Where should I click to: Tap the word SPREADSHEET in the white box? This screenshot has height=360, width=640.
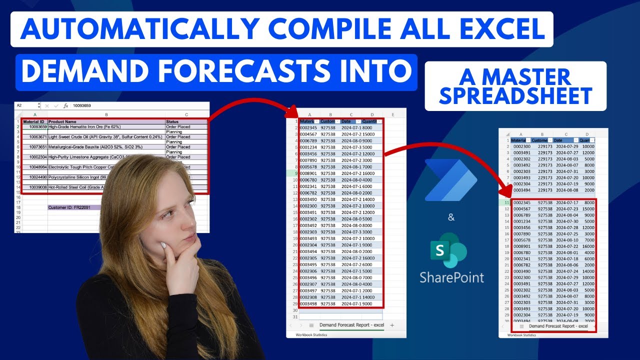click(x=515, y=95)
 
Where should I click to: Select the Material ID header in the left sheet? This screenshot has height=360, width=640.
click(x=34, y=121)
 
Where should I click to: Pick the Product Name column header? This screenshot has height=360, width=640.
click(x=62, y=121)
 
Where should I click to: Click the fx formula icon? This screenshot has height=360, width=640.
click(x=65, y=106)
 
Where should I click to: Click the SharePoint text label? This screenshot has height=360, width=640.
click(x=451, y=277)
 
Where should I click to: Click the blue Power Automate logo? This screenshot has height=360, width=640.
click(x=450, y=180)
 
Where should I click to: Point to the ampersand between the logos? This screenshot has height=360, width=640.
click(x=451, y=217)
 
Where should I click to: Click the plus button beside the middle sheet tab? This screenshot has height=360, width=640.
click(x=391, y=325)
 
